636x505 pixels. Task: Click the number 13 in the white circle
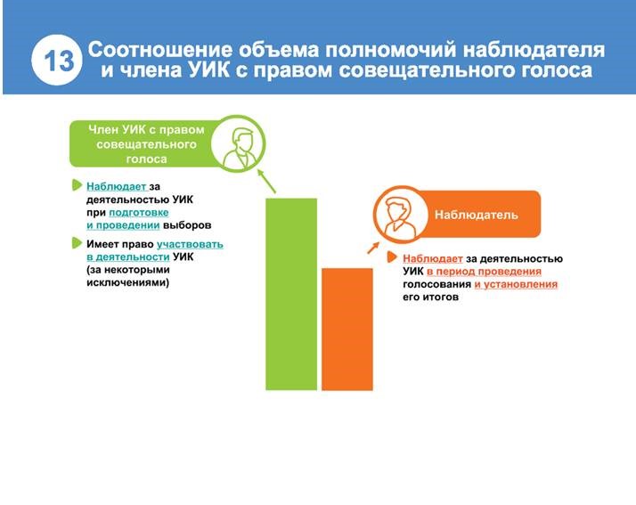(x=58, y=61)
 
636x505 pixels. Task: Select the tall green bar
(x=291, y=294)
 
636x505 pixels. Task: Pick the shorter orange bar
(x=347, y=329)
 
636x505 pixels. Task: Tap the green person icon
(x=239, y=144)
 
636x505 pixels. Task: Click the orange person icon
(x=399, y=214)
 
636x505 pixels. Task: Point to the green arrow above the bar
(x=266, y=182)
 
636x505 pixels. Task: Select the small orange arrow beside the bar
(x=373, y=248)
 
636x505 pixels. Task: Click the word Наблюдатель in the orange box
(x=477, y=215)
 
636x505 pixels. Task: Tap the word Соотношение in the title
(x=160, y=50)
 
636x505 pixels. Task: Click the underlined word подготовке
(x=139, y=213)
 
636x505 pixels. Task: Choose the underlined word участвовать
(x=190, y=244)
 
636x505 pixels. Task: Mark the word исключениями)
(x=127, y=282)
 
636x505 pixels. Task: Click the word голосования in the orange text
(x=436, y=284)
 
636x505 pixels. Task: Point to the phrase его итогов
(x=430, y=297)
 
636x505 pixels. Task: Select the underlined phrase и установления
(x=516, y=284)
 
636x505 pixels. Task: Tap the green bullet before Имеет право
(x=77, y=243)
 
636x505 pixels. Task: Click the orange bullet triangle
(x=391, y=257)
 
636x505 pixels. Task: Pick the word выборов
(x=187, y=225)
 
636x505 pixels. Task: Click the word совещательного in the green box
(x=146, y=144)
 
